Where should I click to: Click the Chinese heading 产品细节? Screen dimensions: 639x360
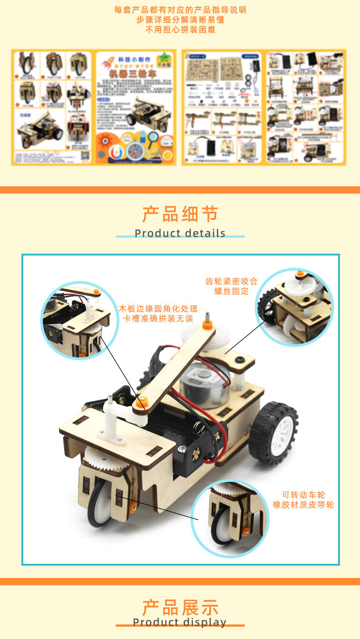click(180, 214)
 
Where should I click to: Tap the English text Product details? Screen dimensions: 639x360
click(180, 233)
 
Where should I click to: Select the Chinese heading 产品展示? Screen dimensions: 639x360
click(180, 608)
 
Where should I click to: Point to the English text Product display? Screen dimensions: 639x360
click(180, 622)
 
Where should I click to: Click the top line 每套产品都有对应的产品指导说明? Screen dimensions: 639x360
click(180, 10)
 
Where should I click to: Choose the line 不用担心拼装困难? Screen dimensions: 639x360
click(180, 30)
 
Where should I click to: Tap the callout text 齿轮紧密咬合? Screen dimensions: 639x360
click(231, 281)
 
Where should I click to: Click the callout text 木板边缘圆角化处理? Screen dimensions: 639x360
click(159, 308)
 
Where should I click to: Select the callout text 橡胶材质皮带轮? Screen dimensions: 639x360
click(303, 505)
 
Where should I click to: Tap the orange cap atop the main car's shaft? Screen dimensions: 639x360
click(208, 325)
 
